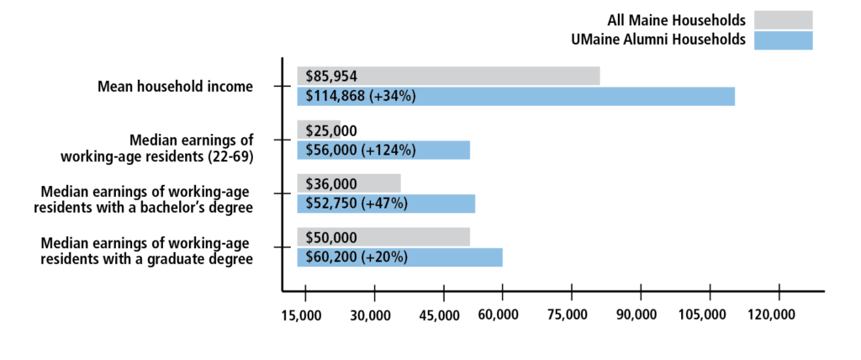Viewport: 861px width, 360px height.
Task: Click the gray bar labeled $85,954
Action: (448, 76)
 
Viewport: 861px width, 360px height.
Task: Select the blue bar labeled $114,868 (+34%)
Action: (515, 96)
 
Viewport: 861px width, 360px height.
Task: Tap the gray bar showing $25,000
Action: (319, 130)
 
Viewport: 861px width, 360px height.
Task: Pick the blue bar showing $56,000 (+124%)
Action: (383, 150)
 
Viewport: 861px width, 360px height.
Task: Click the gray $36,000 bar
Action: (349, 183)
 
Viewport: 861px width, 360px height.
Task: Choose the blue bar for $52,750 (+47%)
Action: (386, 204)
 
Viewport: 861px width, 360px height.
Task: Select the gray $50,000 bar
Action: (383, 237)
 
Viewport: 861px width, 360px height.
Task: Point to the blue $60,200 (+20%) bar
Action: (399, 257)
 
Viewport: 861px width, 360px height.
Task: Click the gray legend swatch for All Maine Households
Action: (783, 19)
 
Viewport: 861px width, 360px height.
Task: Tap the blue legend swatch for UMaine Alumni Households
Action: (783, 40)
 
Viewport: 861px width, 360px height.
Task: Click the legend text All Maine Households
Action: (676, 19)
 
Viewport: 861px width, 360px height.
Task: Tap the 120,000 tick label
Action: (772, 315)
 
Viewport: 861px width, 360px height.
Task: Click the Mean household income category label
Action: (175, 87)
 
